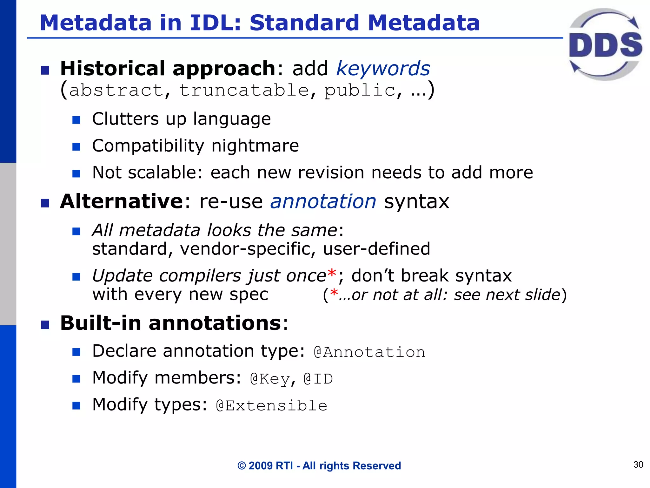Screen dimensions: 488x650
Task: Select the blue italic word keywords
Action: [383, 69]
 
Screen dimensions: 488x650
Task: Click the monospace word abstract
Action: [116, 90]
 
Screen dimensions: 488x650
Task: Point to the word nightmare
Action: [255, 146]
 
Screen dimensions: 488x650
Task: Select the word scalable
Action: [165, 173]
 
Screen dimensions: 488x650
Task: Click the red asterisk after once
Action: [332, 273]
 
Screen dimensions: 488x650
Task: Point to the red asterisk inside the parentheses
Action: [334, 293]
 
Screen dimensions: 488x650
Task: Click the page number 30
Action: [638, 464]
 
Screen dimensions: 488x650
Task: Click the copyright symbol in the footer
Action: [242, 466]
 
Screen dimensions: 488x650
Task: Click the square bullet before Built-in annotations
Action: [45, 325]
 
